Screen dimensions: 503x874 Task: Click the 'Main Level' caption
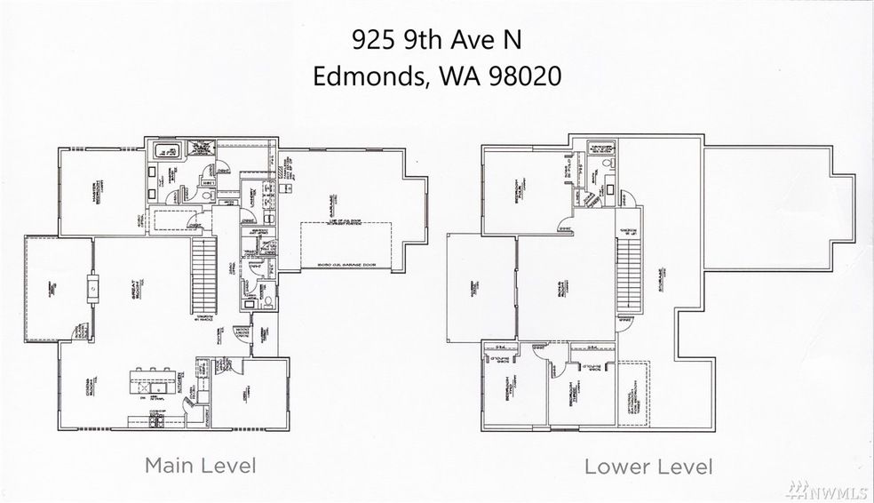(200, 465)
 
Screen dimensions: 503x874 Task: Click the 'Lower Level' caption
(648, 466)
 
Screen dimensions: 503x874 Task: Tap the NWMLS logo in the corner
(835, 486)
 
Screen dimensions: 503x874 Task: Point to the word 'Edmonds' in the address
(362, 76)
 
